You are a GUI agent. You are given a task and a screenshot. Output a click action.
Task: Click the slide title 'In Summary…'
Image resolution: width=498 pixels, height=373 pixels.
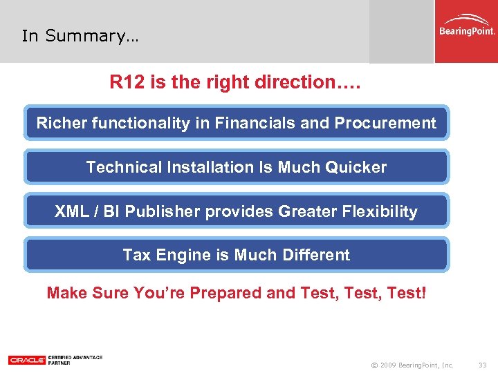point(80,36)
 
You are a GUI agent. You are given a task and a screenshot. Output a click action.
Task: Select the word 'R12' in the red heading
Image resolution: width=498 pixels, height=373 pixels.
point(125,82)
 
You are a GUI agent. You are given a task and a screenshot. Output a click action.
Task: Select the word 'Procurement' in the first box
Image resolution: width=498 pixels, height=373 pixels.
point(385,123)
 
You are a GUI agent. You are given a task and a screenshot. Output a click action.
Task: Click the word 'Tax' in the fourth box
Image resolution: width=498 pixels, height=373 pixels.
point(136,255)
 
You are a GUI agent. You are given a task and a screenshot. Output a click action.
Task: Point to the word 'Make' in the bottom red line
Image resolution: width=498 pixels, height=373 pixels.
point(66,293)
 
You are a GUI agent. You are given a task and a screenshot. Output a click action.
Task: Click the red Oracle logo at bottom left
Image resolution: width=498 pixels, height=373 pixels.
point(27,360)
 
